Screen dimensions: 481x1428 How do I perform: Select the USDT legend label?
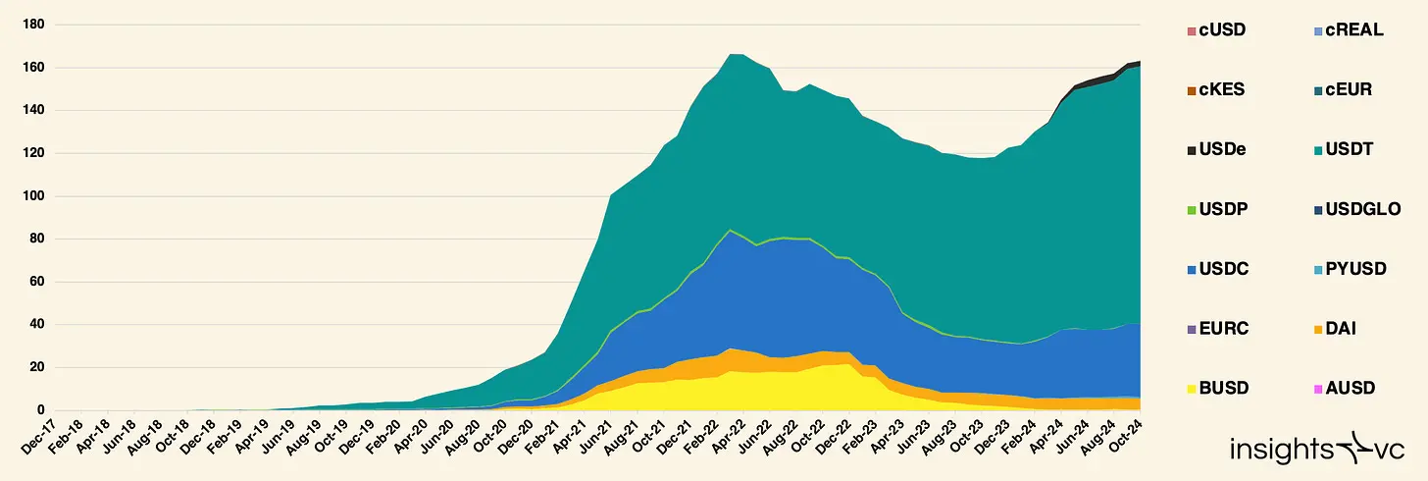pyautogui.click(x=1354, y=149)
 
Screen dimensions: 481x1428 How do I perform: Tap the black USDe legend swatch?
pyautogui.click(x=1191, y=149)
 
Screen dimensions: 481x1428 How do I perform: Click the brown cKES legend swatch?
pyautogui.click(x=1191, y=89)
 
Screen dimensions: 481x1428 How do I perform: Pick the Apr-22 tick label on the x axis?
pyautogui.click(x=721, y=438)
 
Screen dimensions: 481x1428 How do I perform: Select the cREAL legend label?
pyautogui.click(x=1354, y=29)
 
